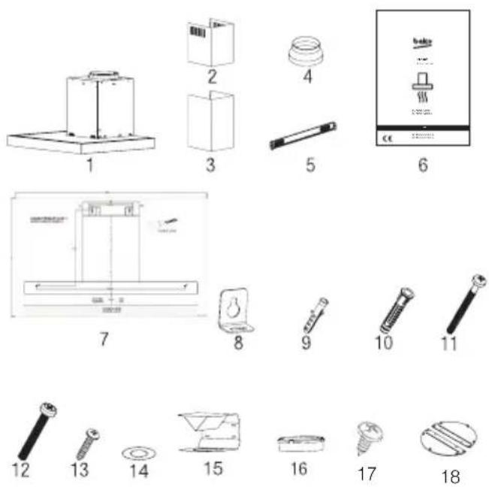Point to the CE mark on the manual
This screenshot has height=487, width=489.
[x=389, y=138]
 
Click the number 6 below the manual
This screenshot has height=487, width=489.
[x=423, y=165]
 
